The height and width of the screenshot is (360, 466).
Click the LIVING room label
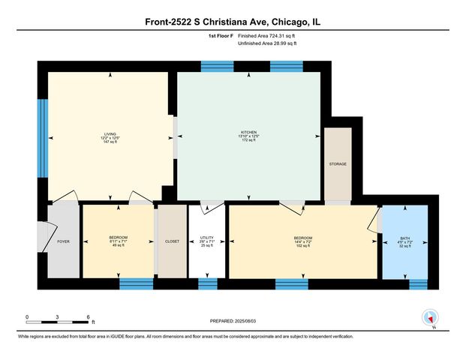tap(110, 135)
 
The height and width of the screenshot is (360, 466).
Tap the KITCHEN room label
tap(248, 135)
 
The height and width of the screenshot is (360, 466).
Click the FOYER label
tap(63, 241)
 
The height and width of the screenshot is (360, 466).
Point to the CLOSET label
tap(171, 241)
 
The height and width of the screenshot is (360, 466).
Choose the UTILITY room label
tap(207, 238)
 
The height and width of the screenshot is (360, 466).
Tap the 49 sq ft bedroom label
tap(118, 241)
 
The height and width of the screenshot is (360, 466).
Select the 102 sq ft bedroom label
tap(302, 241)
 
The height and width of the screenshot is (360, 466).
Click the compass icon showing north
tap(430, 317)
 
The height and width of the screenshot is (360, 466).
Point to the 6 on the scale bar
tap(89, 316)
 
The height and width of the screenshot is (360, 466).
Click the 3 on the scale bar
tap(58, 316)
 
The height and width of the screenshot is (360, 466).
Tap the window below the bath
tap(418, 283)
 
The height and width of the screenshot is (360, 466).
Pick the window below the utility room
tap(207, 283)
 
